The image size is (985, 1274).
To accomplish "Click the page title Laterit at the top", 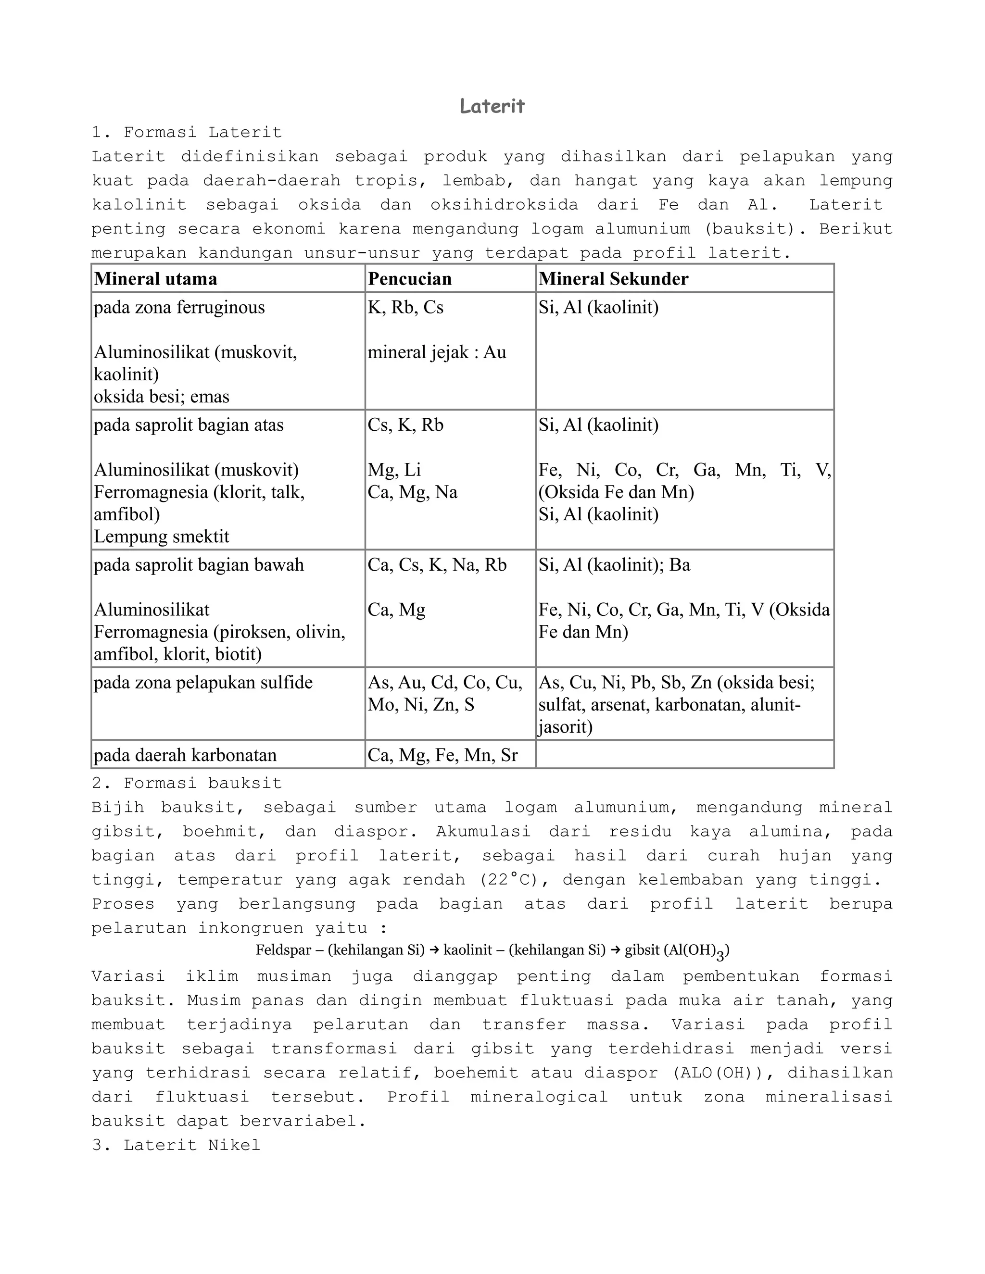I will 492,106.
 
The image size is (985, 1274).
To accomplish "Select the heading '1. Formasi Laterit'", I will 187,132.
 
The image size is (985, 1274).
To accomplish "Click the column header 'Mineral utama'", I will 155,279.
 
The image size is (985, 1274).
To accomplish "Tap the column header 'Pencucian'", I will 410,279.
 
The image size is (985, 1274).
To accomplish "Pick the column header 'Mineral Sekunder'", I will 613,279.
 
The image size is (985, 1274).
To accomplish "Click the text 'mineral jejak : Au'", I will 437,352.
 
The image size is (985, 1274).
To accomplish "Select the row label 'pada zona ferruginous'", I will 179,307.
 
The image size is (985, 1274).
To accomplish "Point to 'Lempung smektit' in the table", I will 162,537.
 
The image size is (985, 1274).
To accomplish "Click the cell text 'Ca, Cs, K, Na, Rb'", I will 437,565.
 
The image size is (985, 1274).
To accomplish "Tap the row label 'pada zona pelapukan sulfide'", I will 203,683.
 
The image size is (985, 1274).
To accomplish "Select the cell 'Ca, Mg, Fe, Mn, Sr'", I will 442,755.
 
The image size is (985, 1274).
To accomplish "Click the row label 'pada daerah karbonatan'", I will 185,755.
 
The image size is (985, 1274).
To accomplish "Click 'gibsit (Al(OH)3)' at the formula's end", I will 676,951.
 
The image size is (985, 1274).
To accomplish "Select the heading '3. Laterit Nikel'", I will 176,1145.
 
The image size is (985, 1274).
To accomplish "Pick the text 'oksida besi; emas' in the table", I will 162,397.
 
